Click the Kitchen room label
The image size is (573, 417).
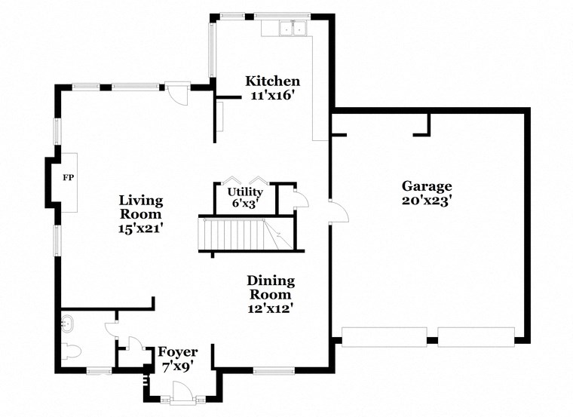[x=273, y=81]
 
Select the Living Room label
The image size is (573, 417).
[x=141, y=207]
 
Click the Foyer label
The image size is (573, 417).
[x=177, y=352]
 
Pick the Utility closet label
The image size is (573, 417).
[x=245, y=192]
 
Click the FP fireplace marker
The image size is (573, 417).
[x=68, y=179]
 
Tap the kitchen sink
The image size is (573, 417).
[x=293, y=29]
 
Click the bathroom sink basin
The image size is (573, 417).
[x=68, y=324]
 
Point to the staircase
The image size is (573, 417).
[x=237, y=233]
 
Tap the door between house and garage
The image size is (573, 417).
[x=337, y=210]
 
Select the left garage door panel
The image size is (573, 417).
[x=385, y=337]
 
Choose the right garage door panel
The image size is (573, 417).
[x=476, y=337]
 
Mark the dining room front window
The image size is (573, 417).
[x=274, y=369]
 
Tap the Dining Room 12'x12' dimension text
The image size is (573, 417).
[x=271, y=308]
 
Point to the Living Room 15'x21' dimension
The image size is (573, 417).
[x=141, y=228]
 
